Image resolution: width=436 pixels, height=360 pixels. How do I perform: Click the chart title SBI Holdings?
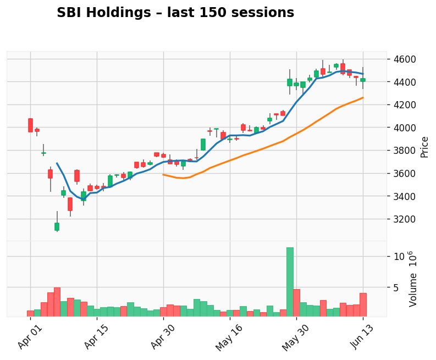pyautogui.click(x=175, y=13)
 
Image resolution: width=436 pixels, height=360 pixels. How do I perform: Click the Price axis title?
pyautogui.click(x=424, y=147)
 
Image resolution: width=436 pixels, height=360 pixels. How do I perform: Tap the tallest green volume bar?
pyautogui.click(x=290, y=281)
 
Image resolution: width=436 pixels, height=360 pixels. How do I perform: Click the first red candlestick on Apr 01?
pyautogui.click(x=30, y=125)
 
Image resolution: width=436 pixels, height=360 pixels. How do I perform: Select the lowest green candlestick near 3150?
pyautogui.click(x=57, y=226)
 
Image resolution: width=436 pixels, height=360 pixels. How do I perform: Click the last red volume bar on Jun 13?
pyautogui.click(x=363, y=304)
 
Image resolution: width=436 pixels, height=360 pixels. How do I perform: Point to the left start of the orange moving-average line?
pyautogui.click(x=163, y=174)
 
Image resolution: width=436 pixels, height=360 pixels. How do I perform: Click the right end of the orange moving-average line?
pyautogui.click(x=363, y=98)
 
